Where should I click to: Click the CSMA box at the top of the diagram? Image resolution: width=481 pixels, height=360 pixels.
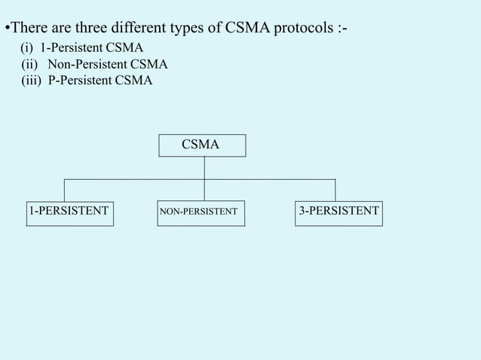(201, 145)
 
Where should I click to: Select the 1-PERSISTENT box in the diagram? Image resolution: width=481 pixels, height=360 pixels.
(69, 212)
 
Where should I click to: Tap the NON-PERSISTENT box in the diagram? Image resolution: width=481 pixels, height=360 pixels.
(201, 212)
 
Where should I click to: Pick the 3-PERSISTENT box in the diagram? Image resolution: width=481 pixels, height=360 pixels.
(339, 212)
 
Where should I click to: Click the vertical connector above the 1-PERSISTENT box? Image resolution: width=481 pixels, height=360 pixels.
(64, 189)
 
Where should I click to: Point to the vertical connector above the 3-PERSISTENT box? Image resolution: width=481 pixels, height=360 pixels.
(335, 189)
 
